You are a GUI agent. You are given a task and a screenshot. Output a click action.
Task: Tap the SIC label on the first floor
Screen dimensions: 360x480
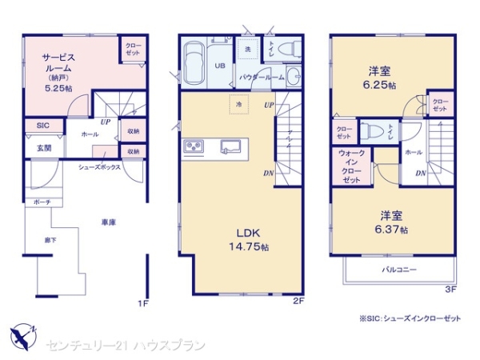pos(43,126)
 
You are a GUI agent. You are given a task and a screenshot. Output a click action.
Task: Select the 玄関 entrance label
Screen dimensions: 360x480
pos(43,148)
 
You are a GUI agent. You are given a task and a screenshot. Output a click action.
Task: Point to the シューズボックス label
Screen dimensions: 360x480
pos(99,168)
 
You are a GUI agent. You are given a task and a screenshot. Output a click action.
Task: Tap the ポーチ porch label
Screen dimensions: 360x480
pos(42,202)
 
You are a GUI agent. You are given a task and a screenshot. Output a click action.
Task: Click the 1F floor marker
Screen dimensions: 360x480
pos(142,303)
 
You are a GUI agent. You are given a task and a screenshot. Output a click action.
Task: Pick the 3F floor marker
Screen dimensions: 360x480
pos(450,288)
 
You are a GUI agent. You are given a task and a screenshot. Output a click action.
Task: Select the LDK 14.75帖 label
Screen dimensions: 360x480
pos(244,239)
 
